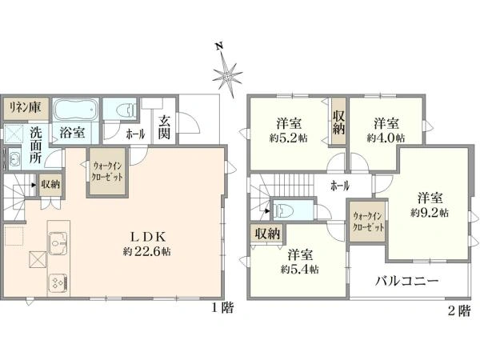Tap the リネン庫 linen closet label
click(x=25, y=108)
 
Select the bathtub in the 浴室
click(x=76, y=110)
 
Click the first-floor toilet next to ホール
click(x=127, y=110)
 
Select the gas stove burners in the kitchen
click(x=58, y=282)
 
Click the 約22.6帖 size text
click(x=147, y=252)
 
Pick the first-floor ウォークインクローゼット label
click(x=107, y=171)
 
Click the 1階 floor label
click(x=222, y=308)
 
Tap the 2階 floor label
click(x=459, y=311)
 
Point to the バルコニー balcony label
click(x=407, y=281)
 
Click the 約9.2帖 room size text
click(x=430, y=213)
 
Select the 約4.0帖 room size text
click(x=386, y=138)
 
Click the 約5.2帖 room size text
click(x=288, y=138)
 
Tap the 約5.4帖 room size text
click(x=300, y=269)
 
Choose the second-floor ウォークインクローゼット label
click(x=368, y=222)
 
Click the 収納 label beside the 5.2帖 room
click(x=339, y=122)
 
